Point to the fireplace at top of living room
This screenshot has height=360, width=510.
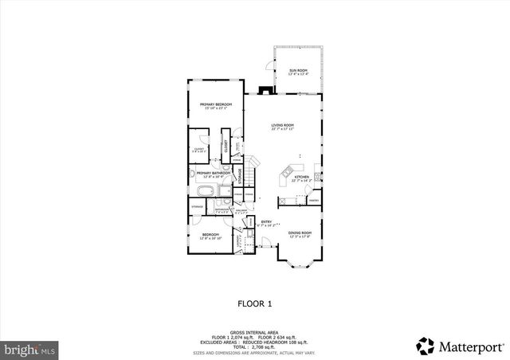268,89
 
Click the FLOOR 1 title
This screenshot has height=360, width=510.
255,303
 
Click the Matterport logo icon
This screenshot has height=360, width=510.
426,346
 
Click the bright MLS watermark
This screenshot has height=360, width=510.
29,349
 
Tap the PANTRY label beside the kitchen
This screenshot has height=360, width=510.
313,200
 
